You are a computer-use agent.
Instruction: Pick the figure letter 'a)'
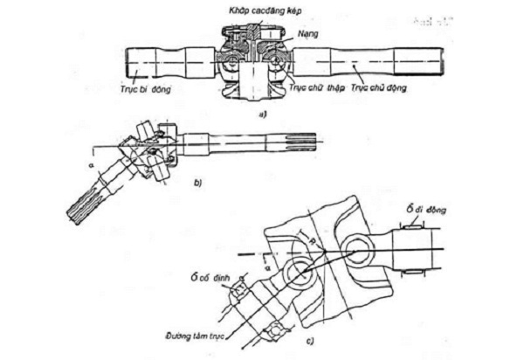252,113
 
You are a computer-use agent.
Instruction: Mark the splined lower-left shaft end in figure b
83,207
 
